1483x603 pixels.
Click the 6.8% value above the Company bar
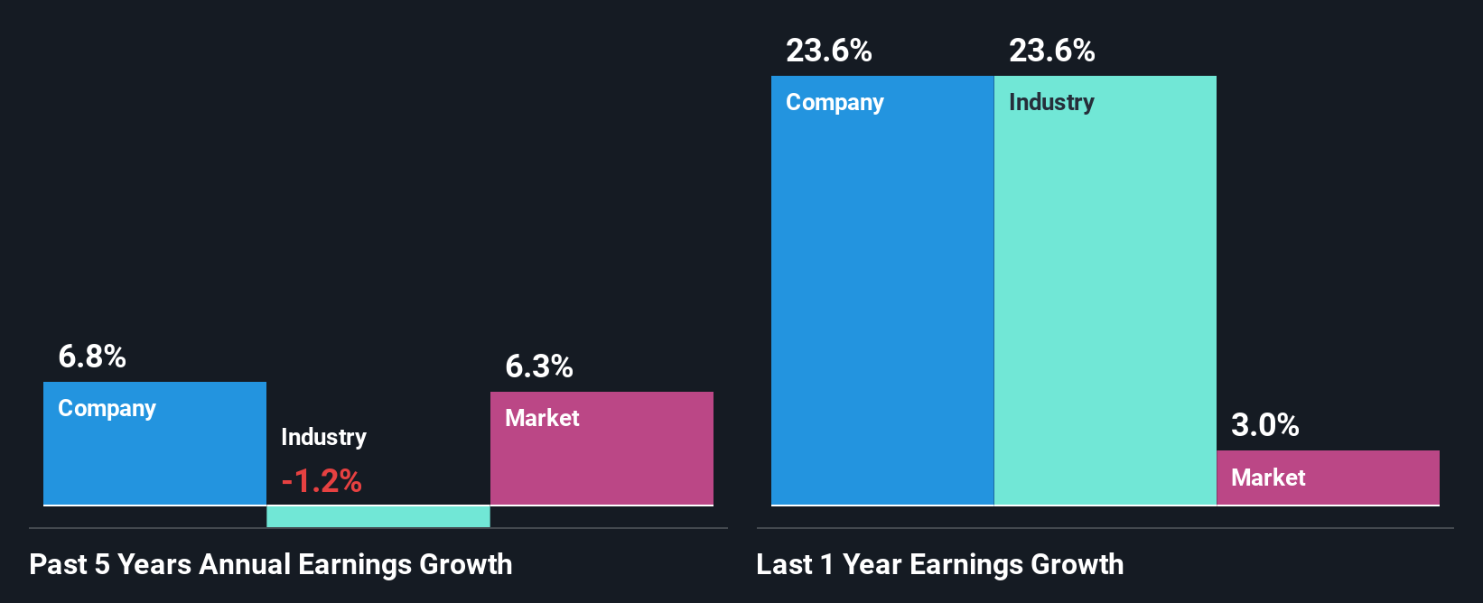click(x=92, y=357)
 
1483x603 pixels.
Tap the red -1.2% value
click(x=322, y=481)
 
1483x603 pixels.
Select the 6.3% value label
click(x=539, y=366)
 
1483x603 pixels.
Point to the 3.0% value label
click(x=1265, y=425)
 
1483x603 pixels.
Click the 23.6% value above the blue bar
click(x=829, y=51)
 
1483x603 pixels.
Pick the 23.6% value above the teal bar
click(x=1052, y=51)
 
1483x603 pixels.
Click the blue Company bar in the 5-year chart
click(x=154, y=460)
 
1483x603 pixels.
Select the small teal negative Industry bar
click(x=378, y=516)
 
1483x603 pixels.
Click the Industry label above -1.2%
click(x=323, y=437)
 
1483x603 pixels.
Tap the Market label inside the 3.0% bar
click(x=1268, y=478)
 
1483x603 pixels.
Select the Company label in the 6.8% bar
click(x=107, y=409)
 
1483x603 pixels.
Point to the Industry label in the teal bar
click(x=1051, y=103)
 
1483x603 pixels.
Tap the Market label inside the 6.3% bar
click(x=542, y=418)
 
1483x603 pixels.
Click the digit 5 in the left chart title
click(x=102, y=565)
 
